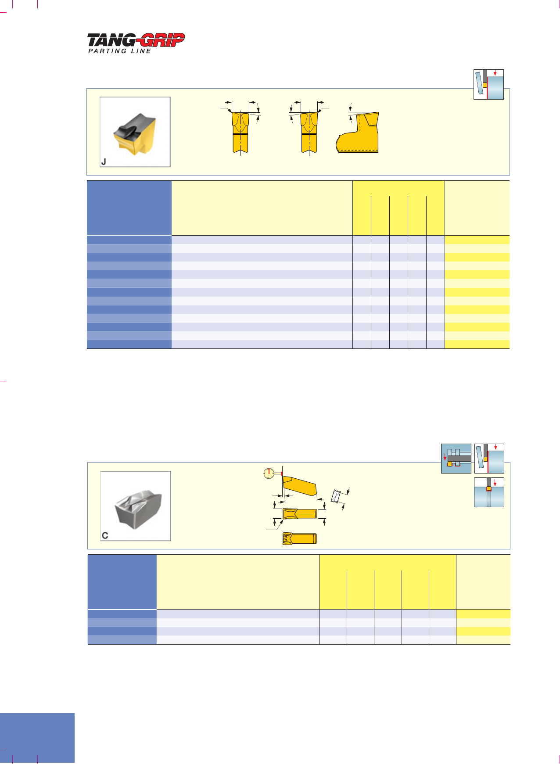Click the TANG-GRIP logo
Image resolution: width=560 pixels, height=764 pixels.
click(x=136, y=40)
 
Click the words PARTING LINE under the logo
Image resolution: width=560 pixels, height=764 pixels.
click(x=120, y=51)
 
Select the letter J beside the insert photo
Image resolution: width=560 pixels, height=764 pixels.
click(x=104, y=162)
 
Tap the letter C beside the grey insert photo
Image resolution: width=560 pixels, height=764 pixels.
click(x=105, y=535)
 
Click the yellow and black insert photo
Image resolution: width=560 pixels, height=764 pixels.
click(x=135, y=132)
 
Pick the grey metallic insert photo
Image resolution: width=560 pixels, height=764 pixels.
click(x=136, y=506)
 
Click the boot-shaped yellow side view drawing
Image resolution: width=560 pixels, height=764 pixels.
click(x=357, y=132)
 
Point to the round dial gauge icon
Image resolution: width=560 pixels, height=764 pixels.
click(x=268, y=473)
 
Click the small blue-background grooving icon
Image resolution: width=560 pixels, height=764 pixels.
click(x=456, y=459)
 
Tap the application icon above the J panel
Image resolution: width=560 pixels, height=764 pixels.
click(x=488, y=84)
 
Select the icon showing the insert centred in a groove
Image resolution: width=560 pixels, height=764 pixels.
click(x=489, y=492)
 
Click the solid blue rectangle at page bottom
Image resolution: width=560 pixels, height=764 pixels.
click(x=37, y=738)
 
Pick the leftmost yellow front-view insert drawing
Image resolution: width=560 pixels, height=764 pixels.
click(x=241, y=132)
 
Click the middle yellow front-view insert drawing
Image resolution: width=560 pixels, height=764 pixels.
click(x=309, y=132)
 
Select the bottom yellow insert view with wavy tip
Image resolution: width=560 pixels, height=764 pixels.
click(x=300, y=538)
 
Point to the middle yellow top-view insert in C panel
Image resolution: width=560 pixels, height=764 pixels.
click(x=300, y=513)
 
